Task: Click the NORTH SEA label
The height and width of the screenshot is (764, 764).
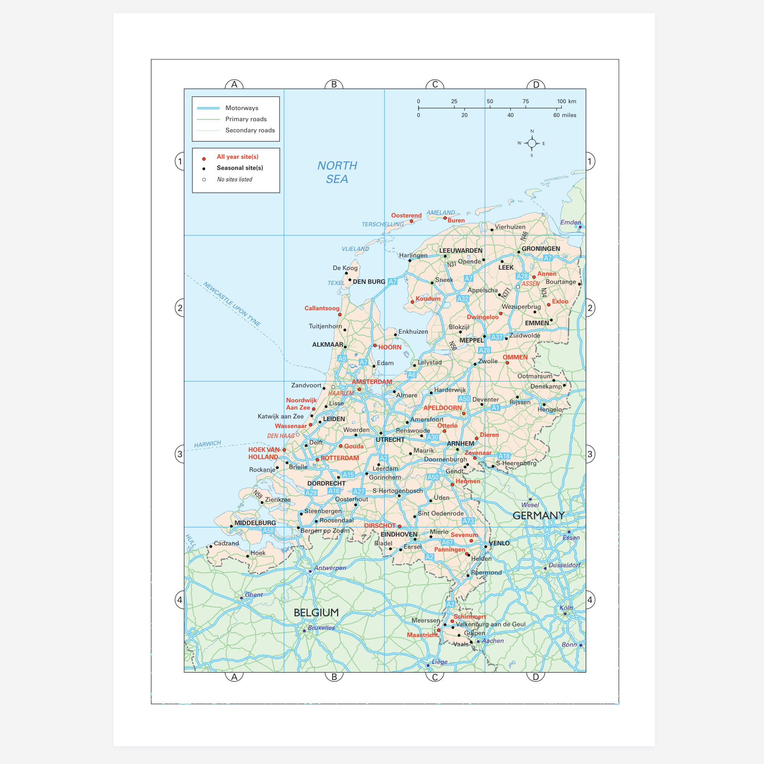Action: pyautogui.click(x=337, y=172)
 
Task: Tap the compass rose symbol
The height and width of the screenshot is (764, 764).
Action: pyautogui.click(x=532, y=143)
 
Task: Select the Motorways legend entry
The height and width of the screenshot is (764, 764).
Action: pyautogui.click(x=241, y=108)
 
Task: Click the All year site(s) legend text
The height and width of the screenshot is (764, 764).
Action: pyautogui.click(x=237, y=156)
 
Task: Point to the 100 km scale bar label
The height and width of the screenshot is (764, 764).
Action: pyautogui.click(x=566, y=101)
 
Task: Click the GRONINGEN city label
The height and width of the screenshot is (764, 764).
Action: pyautogui.click(x=540, y=249)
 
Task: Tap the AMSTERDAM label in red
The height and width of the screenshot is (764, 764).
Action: pyautogui.click(x=372, y=382)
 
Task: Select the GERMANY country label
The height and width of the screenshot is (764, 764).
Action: pyautogui.click(x=538, y=515)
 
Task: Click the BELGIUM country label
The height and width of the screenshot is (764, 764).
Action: pyautogui.click(x=316, y=613)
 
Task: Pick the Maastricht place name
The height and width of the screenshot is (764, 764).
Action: pyautogui.click(x=422, y=635)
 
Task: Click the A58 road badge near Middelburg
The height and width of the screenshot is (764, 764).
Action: pyautogui.click(x=268, y=531)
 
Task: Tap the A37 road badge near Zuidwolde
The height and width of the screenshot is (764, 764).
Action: pyautogui.click(x=496, y=337)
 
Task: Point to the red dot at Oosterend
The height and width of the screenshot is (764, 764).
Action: pyautogui.click(x=411, y=221)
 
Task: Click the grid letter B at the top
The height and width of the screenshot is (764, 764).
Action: pyautogui.click(x=334, y=84)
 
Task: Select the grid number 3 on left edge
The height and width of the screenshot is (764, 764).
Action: pyautogui.click(x=180, y=454)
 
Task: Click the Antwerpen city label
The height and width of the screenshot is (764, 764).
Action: pyautogui.click(x=330, y=568)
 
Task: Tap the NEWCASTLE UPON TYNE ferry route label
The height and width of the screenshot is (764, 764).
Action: pyautogui.click(x=232, y=304)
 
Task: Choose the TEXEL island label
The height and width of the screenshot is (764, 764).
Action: pyautogui.click(x=336, y=283)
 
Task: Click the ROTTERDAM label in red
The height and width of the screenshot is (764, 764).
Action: pyautogui.click(x=339, y=458)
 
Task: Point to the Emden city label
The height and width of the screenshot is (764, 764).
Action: pyautogui.click(x=570, y=222)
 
